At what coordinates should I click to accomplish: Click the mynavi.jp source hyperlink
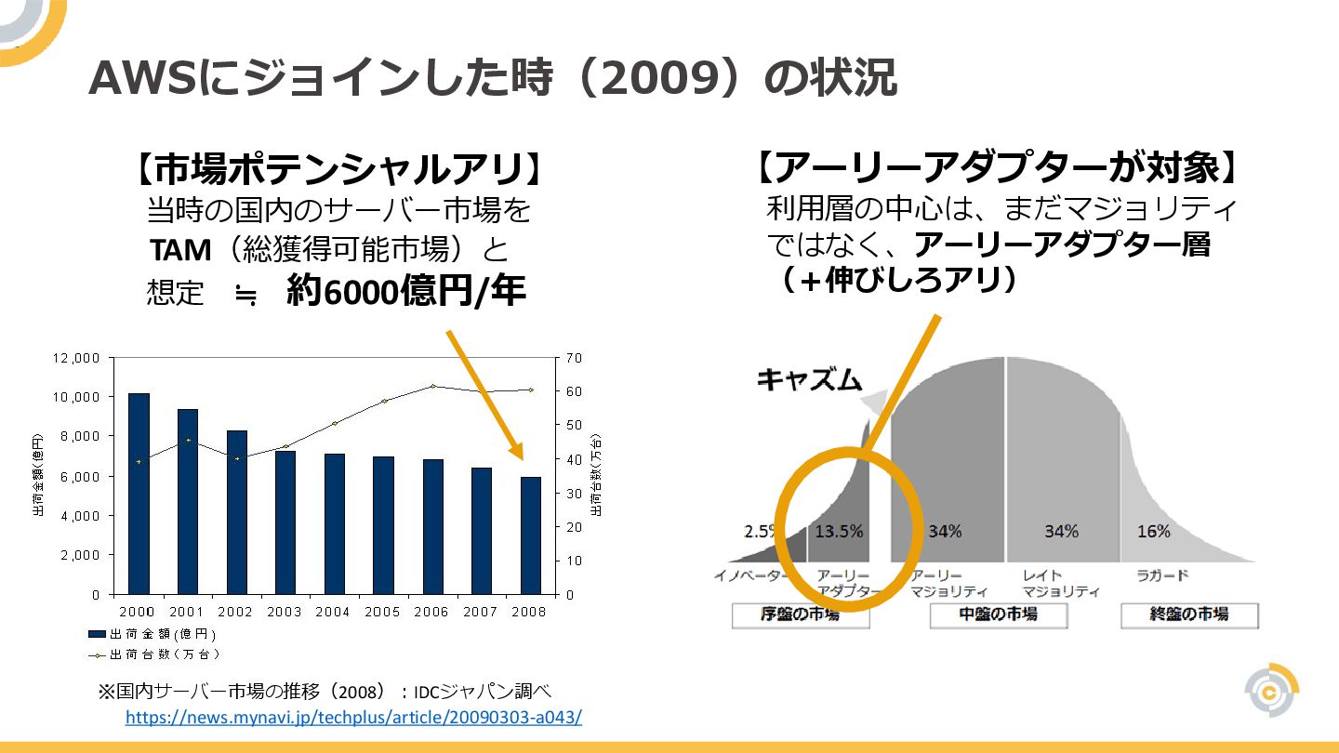coord(353,718)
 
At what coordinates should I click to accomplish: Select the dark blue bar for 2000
coord(139,493)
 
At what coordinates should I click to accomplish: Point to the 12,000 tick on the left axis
coord(76,358)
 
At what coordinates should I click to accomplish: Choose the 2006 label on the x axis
coord(431,612)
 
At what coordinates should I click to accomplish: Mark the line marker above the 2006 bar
coord(432,386)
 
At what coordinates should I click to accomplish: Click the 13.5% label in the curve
coord(839,532)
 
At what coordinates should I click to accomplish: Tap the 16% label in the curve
coord(1153,532)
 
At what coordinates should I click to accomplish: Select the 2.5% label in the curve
coord(760,532)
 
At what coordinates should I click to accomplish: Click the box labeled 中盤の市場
coord(998,614)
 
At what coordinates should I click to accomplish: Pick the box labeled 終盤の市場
coord(1188,614)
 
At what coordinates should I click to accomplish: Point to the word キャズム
coord(809,379)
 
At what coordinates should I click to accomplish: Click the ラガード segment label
coord(1162,575)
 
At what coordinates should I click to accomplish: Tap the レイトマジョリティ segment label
coord(1060,583)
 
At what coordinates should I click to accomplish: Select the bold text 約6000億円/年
coord(406,292)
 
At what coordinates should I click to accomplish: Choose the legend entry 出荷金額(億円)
coord(153,634)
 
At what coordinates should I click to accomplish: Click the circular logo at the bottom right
coord(1271,690)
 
